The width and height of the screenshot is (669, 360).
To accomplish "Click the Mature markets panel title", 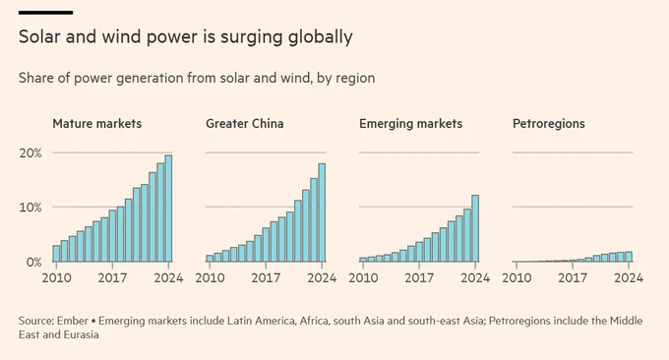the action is click(96, 124).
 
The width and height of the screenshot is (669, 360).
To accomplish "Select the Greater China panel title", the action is click(244, 124).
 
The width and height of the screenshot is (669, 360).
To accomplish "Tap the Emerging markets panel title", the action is click(410, 124).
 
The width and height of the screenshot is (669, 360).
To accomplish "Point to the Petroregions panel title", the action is click(549, 124).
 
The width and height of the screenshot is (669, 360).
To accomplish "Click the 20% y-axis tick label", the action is click(30, 153).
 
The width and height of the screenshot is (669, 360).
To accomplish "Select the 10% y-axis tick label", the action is click(30, 208).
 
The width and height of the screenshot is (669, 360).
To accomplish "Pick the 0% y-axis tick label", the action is click(33, 262).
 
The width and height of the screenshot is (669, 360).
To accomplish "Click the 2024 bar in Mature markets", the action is click(168, 209).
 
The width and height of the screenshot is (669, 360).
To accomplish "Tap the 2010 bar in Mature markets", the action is click(56, 254).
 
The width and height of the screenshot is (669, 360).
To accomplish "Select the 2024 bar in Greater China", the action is click(322, 212).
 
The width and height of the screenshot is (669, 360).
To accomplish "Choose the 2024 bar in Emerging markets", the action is click(475, 228).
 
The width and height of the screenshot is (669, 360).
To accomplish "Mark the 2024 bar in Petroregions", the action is click(629, 257).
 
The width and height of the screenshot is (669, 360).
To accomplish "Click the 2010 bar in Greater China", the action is click(210, 259).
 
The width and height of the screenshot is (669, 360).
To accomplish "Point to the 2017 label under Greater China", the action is click(266, 278).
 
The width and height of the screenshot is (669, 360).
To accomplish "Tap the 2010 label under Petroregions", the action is click(517, 278).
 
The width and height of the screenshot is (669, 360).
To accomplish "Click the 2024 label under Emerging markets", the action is click(475, 278).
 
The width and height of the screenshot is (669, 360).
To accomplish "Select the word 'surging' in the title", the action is click(252, 37).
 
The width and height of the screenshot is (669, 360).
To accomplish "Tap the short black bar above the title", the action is click(45, 13).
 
